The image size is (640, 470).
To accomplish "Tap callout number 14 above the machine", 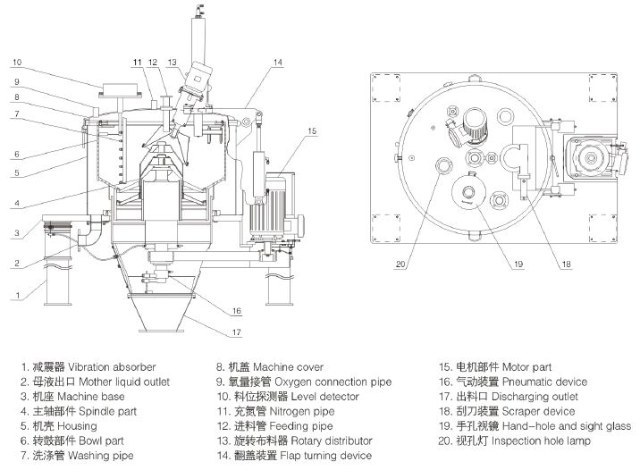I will point(277,63).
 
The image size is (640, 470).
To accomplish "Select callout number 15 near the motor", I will point(311,131).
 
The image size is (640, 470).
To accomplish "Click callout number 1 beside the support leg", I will point(15,293).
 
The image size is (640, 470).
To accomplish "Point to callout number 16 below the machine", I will point(237,311).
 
